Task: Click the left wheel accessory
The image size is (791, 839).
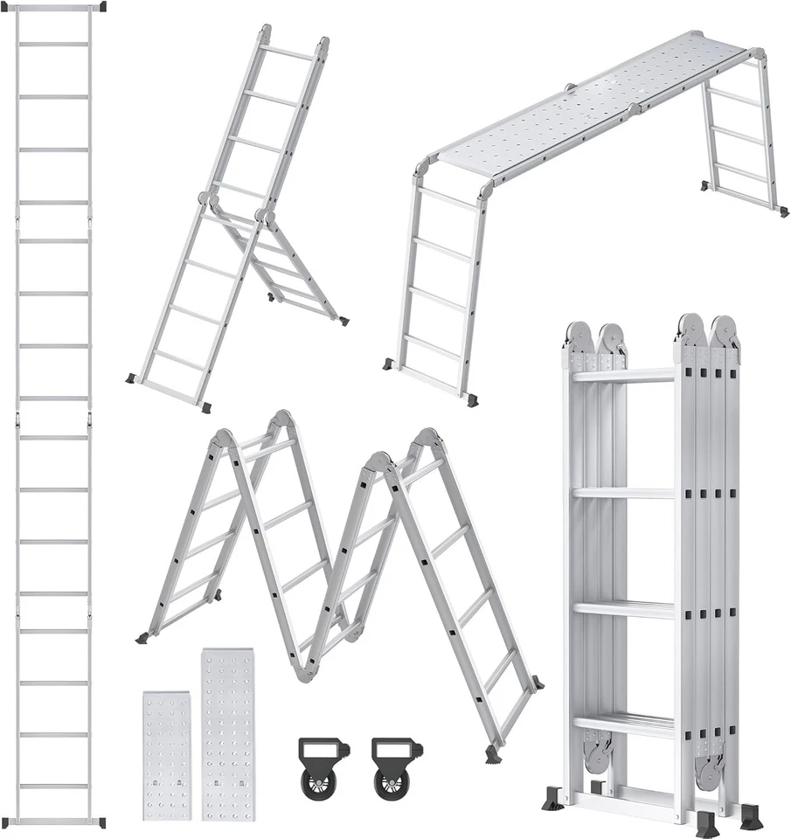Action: (323, 767)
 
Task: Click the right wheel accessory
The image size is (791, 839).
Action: (396, 767)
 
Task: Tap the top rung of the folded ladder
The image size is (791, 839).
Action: (623, 375)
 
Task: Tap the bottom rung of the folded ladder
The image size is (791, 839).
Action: (623, 724)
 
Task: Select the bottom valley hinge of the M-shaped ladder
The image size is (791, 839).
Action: (304, 671)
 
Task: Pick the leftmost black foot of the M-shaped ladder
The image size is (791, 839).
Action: (142, 639)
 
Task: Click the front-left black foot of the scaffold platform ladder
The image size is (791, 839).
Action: (387, 364)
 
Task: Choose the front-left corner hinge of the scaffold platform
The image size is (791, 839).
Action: (423, 167)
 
